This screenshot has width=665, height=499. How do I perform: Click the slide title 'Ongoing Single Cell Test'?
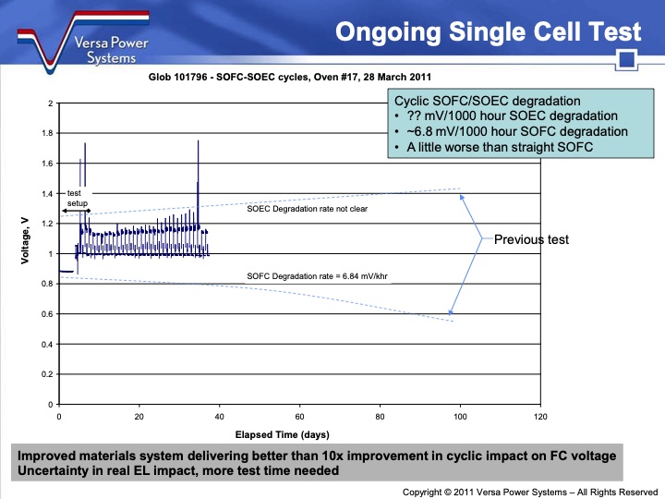(488, 32)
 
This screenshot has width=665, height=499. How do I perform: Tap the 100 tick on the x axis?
(459, 417)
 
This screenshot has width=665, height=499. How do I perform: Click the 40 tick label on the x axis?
(219, 417)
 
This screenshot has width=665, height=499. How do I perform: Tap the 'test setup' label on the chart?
(77, 198)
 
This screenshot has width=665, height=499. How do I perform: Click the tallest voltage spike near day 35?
(198, 148)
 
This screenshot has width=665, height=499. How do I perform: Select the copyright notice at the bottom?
(530, 492)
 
